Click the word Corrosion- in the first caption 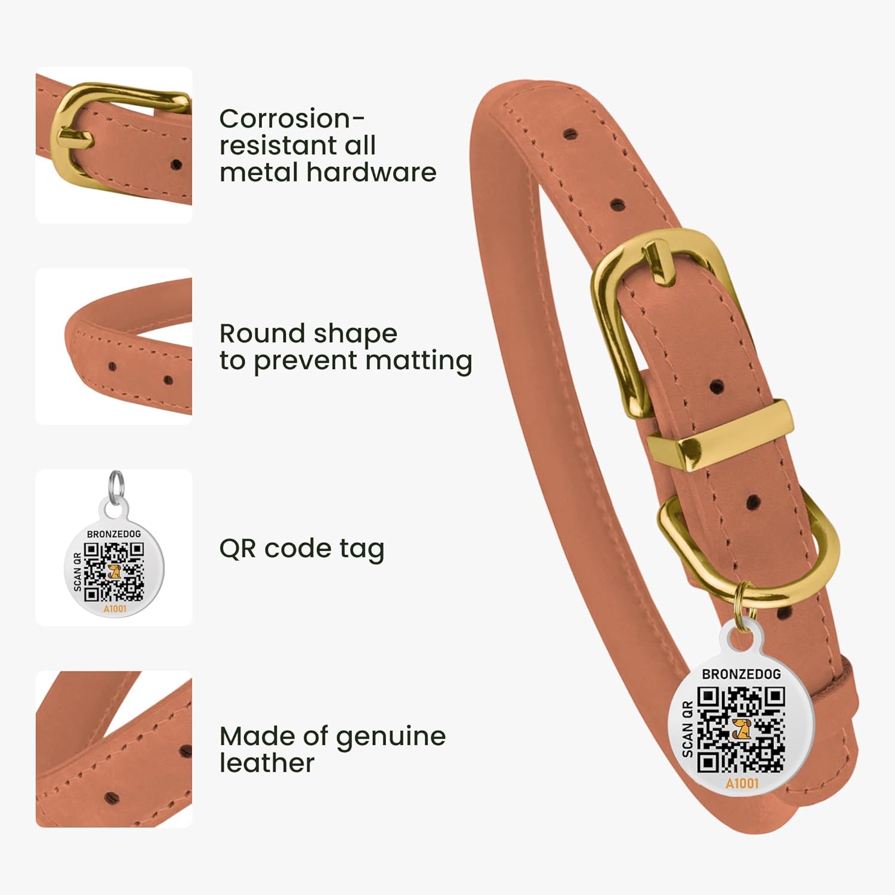pyautogui.click(x=292, y=118)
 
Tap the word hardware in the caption pyautogui.click(x=372, y=172)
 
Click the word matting pyautogui.click(x=419, y=362)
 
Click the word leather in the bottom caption pyautogui.click(x=267, y=763)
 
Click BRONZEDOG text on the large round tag pyautogui.click(x=741, y=674)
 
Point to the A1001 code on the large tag pyautogui.click(x=742, y=783)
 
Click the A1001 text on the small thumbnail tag pyautogui.click(x=115, y=609)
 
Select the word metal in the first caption pyautogui.click(x=260, y=172)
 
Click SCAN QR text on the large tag pyautogui.click(x=687, y=729)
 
